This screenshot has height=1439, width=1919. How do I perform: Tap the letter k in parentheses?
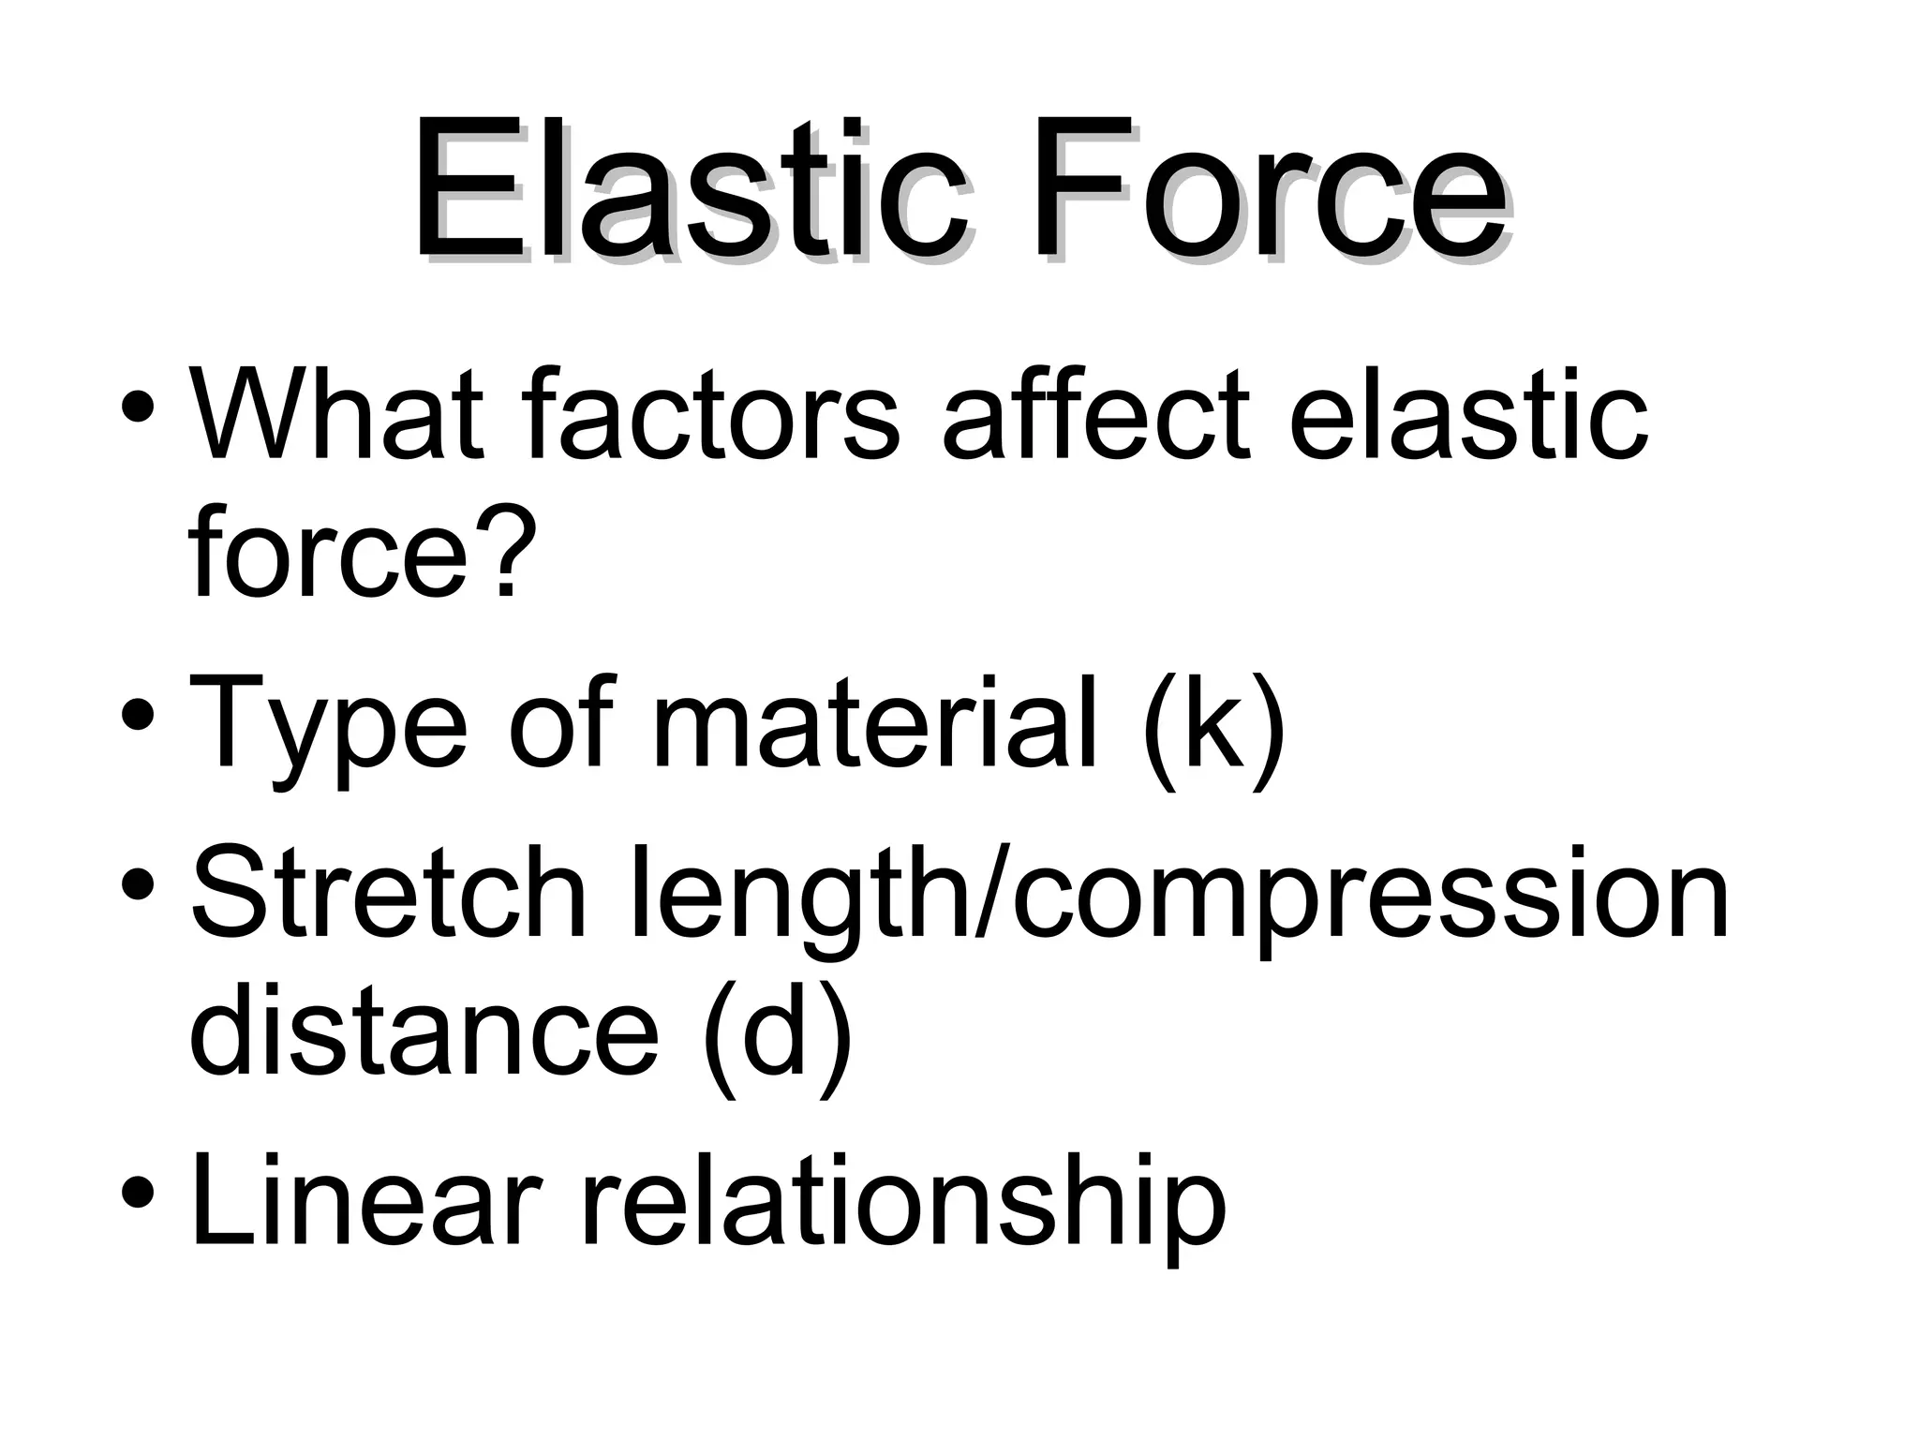point(1213,721)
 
